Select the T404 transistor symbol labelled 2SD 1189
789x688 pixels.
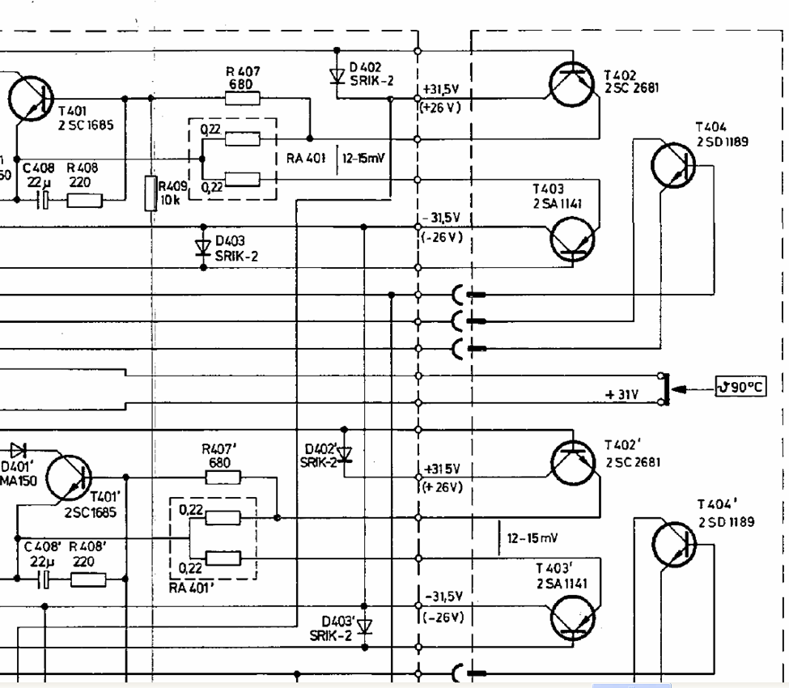[673, 167]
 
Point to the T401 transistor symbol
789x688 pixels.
[30, 98]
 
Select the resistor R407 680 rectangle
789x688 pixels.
[242, 100]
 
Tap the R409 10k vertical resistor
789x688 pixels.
[151, 193]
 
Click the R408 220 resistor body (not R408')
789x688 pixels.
[84, 199]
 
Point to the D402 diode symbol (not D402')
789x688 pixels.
[337, 76]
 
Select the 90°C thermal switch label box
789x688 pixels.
[740, 387]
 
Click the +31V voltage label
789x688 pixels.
[621, 395]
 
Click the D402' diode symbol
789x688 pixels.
[346, 453]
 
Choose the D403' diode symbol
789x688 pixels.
[364, 626]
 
